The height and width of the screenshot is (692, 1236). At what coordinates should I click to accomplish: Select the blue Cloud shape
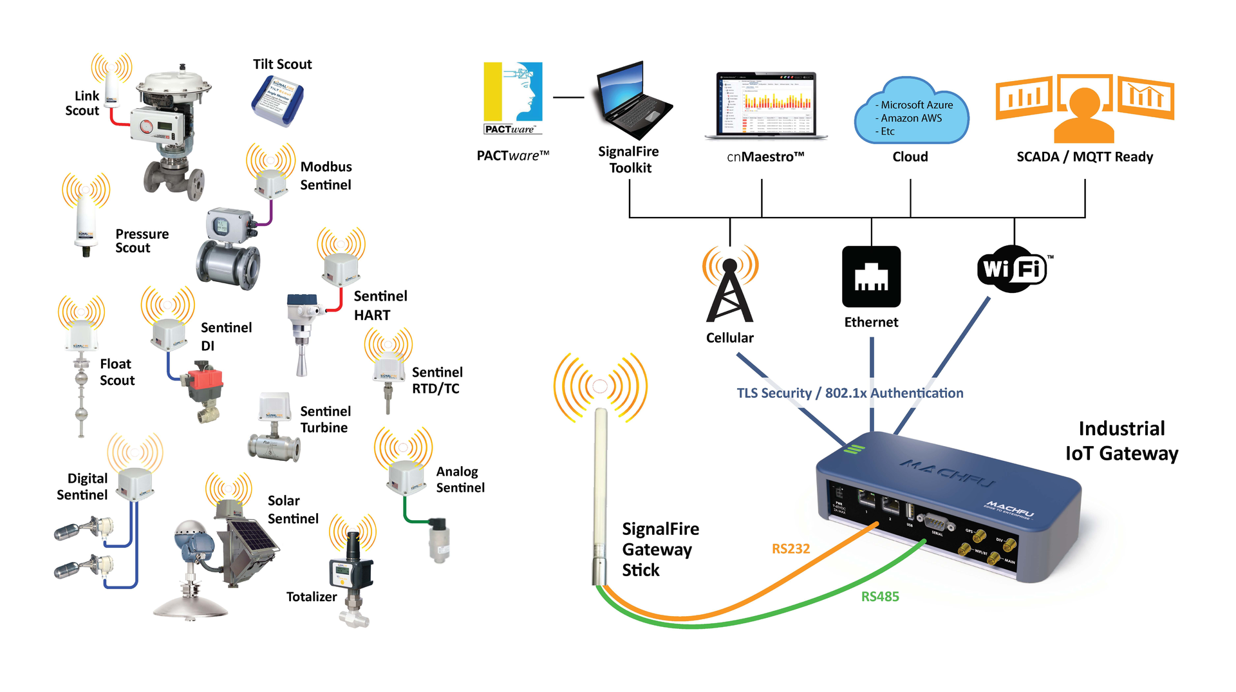click(910, 113)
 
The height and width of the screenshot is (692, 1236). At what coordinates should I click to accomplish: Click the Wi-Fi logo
click(1012, 268)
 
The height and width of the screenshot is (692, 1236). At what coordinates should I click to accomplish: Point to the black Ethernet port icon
click(871, 277)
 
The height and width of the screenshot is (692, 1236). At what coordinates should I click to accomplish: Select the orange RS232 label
click(791, 548)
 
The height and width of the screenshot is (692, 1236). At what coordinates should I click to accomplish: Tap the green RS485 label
click(879, 597)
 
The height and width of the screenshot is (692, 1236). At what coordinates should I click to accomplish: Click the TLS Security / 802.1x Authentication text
click(850, 393)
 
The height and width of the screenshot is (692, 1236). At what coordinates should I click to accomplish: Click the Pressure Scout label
click(142, 241)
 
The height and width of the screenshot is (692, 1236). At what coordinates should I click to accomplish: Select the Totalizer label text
click(312, 597)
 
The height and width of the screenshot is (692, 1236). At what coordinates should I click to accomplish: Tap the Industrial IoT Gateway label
click(1121, 441)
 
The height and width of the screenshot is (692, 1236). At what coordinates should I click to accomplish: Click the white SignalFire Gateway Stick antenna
click(600, 489)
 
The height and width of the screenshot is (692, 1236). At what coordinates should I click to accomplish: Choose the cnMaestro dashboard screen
click(765, 103)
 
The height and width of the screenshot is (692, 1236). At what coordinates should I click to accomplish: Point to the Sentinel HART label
click(380, 305)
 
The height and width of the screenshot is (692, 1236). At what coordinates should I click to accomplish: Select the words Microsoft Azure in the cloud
click(916, 105)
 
